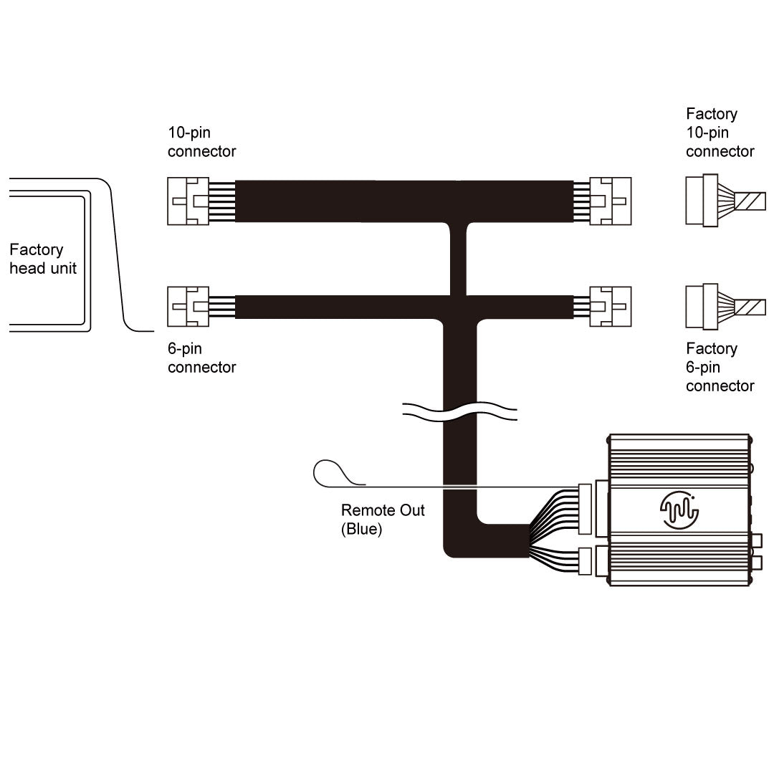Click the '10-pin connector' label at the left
(201, 142)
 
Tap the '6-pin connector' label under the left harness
(201, 358)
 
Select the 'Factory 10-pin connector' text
(720, 133)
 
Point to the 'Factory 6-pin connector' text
(720, 367)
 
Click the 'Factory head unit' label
(42, 259)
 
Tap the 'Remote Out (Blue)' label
(383, 520)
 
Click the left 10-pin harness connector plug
(188, 201)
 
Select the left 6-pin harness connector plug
(188, 307)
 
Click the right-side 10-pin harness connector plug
(610, 201)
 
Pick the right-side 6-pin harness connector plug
(610, 307)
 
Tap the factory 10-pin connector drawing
(702, 201)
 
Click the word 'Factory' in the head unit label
(37, 250)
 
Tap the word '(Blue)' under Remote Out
(363, 530)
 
